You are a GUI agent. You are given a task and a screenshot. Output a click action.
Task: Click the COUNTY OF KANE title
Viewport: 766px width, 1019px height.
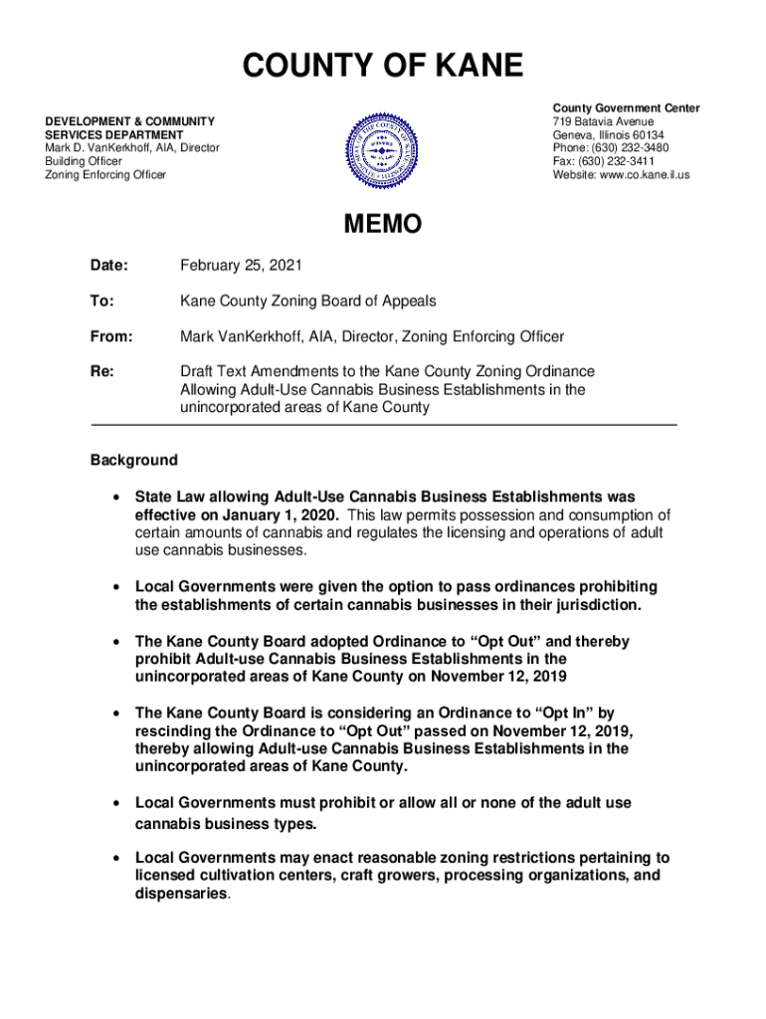[x=383, y=67]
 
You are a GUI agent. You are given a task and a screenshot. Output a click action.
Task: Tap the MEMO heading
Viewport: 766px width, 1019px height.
[x=383, y=225]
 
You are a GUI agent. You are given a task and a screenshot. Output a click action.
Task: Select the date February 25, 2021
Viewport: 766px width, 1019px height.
[x=241, y=266]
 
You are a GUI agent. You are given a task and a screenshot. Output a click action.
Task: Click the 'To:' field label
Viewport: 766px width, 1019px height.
[x=102, y=301]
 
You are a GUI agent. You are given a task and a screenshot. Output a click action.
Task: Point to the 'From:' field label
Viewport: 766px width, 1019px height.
[x=111, y=336]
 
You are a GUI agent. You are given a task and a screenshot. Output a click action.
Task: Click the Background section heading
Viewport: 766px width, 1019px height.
[x=134, y=460]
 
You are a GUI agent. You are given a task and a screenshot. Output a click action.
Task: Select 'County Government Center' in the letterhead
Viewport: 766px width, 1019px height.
[x=627, y=107]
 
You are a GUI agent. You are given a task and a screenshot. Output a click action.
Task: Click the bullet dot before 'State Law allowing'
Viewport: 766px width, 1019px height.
[x=118, y=496]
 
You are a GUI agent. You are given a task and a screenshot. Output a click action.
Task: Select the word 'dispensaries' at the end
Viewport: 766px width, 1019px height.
[x=182, y=894]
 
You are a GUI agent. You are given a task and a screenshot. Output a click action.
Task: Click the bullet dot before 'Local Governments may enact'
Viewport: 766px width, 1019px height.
[x=118, y=857]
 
